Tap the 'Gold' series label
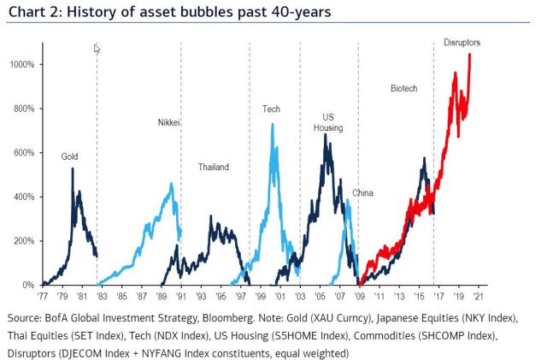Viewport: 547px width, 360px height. (69, 156)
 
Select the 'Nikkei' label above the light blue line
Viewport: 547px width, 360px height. (169, 122)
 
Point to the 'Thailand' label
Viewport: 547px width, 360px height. (213, 167)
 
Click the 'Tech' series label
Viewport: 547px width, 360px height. (271, 109)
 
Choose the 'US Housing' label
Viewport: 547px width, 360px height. (332, 122)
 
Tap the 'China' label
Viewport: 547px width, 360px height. (363, 193)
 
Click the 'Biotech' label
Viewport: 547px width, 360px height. (404, 88)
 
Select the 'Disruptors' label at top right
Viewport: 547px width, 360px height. (462, 42)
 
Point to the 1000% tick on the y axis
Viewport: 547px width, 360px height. (21, 65)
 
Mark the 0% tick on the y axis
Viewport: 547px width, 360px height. (27, 285)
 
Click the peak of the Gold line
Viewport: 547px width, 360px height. (73, 168)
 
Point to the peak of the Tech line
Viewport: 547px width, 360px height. (272, 125)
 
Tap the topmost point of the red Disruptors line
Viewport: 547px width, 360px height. (469, 56)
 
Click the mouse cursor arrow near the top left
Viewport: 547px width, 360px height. (97, 49)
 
